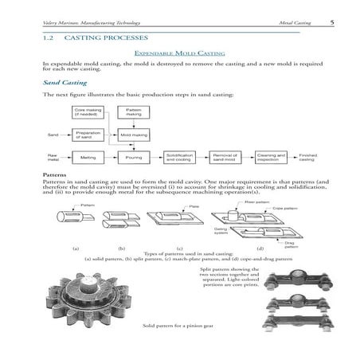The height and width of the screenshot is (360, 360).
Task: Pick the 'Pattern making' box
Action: tap(133, 113)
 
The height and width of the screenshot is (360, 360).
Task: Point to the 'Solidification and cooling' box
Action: tap(180, 158)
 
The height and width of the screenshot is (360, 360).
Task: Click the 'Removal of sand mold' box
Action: tap(226, 158)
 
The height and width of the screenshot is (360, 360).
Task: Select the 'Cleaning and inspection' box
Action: tap(272, 158)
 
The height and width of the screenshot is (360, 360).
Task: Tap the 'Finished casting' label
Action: tap(308, 158)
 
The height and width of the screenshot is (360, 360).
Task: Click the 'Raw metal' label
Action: tap(53, 158)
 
